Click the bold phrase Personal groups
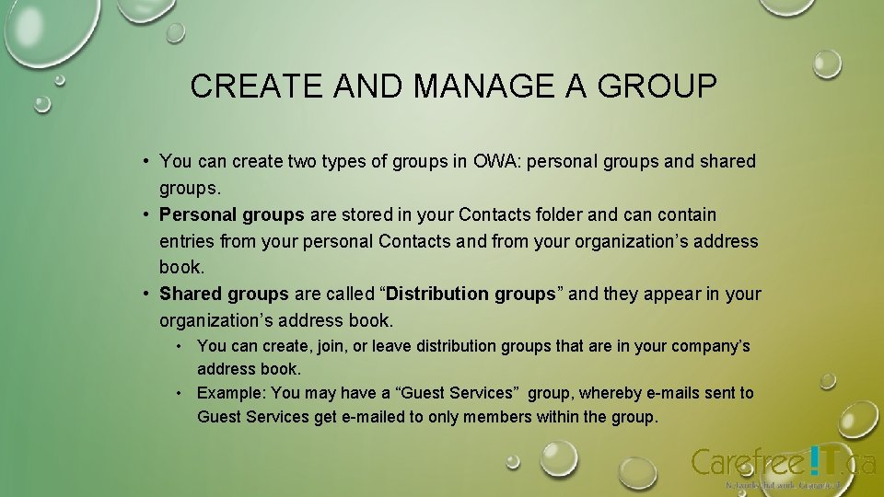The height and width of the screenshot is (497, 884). [x=231, y=215]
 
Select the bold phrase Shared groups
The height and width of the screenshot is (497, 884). [x=224, y=295]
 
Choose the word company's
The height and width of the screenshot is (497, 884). [x=710, y=347]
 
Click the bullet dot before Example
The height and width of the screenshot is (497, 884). [x=181, y=393]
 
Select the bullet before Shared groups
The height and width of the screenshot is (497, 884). [x=145, y=295]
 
